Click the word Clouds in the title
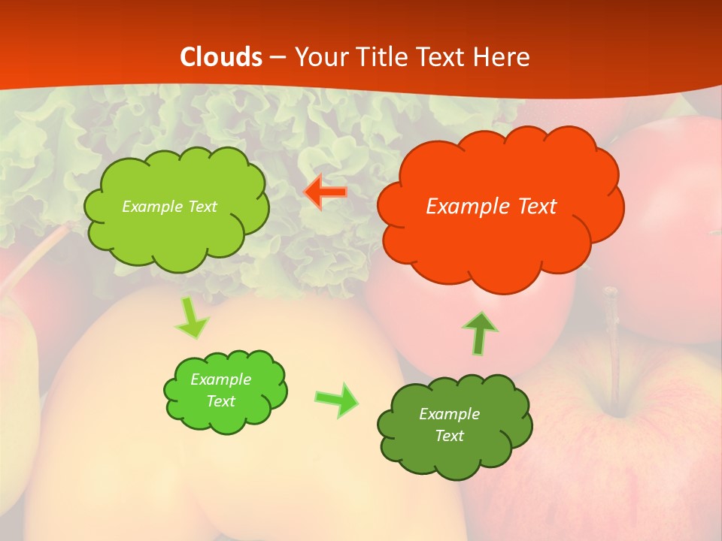(x=221, y=57)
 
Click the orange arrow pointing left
(x=326, y=192)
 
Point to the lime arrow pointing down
(x=191, y=319)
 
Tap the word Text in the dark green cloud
(x=449, y=436)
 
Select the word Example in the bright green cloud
(x=220, y=379)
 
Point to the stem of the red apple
(x=614, y=346)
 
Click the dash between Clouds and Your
(x=278, y=57)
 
